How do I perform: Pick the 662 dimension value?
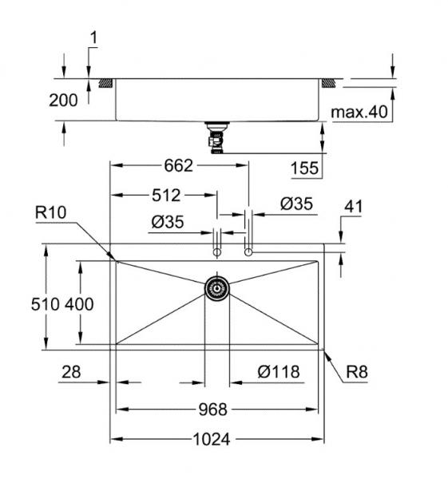pyautogui.click(x=178, y=166)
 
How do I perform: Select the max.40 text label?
pyautogui.click(x=359, y=113)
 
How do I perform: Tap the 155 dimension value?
pyautogui.click(x=304, y=168)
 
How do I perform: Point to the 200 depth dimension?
pyautogui.click(x=63, y=100)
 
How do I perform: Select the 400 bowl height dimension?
pyautogui.click(x=80, y=303)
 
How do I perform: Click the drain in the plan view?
pyautogui.click(x=216, y=288)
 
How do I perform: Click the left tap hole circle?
pyautogui.click(x=216, y=252)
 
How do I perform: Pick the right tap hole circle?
pyautogui.click(x=248, y=252)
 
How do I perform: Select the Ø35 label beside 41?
pyautogui.click(x=296, y=204)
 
